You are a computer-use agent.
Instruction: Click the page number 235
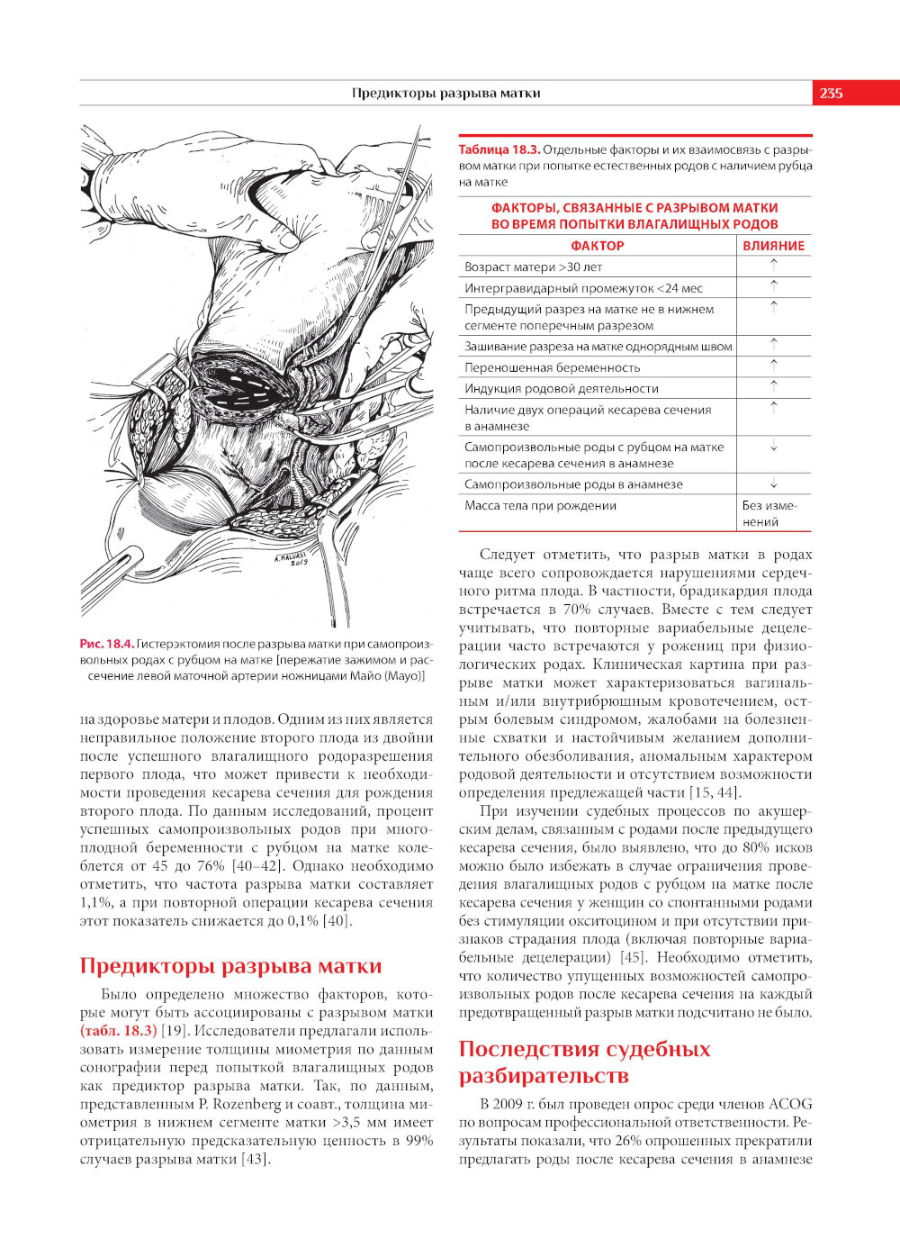831,93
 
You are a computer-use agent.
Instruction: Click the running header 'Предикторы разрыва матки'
445,93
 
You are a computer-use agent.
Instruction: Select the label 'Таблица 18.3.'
499,149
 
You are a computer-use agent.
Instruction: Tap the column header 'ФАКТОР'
597,245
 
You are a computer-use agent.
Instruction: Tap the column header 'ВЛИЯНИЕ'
773,245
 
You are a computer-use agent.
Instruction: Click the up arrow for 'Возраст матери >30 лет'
773,266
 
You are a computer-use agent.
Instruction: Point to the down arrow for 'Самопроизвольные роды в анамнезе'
773,483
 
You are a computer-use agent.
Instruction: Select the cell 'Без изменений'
769,513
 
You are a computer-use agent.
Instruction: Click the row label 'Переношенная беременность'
553,367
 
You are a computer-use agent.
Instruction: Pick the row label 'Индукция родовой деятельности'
562,388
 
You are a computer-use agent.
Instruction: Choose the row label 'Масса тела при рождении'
540,505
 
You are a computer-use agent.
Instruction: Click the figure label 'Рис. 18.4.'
107,643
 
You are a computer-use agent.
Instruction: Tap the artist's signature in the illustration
291,559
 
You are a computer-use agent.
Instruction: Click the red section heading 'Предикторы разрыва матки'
230,966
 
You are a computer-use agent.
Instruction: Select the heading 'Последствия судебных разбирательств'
584,1062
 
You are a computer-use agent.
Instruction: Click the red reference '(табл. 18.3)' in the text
118,1031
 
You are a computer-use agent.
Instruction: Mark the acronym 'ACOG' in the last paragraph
791,1104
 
